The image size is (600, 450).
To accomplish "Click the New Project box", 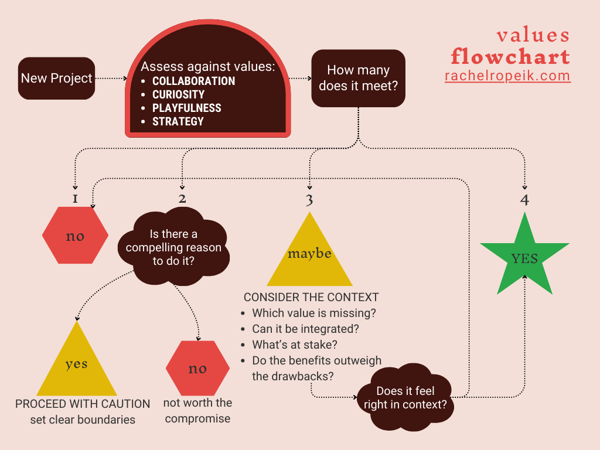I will pyautogui.click(x=56, y=78).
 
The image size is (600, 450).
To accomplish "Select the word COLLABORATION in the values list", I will pyautogui.click(x=193, y=81).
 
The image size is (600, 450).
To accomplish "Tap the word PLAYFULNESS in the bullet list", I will pyautogui.click(x=186, y=108).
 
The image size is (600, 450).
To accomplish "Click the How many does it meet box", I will pyautogui.click(x=358, y=78).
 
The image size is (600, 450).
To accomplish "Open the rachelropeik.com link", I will pyautogui.click(x=507, y=76).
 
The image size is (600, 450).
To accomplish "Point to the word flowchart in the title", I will pyautogui.click(x=510, y=56).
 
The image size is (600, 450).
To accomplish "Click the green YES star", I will pyautogui.click(x=524, y=258).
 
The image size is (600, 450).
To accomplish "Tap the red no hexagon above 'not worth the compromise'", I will pyautogui.click(x=197, y=369).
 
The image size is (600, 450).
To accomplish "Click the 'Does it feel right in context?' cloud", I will pyautogui.click(x=405, y=398).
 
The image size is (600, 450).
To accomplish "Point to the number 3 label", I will pyautogui.click(x=309, y=200).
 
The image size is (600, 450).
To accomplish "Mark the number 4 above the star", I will pyautogui.click(x=524, y=200).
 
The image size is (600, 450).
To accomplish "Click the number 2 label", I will pyautogui.click(x=182, y=198).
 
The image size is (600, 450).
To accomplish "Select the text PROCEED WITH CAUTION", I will pyautogui.click(x=83, y=404).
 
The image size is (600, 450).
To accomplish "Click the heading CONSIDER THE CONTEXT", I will pyautogui.click(x=311, y=297).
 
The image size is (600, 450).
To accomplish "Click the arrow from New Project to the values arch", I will pyautogui.click(x=111, y=78).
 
